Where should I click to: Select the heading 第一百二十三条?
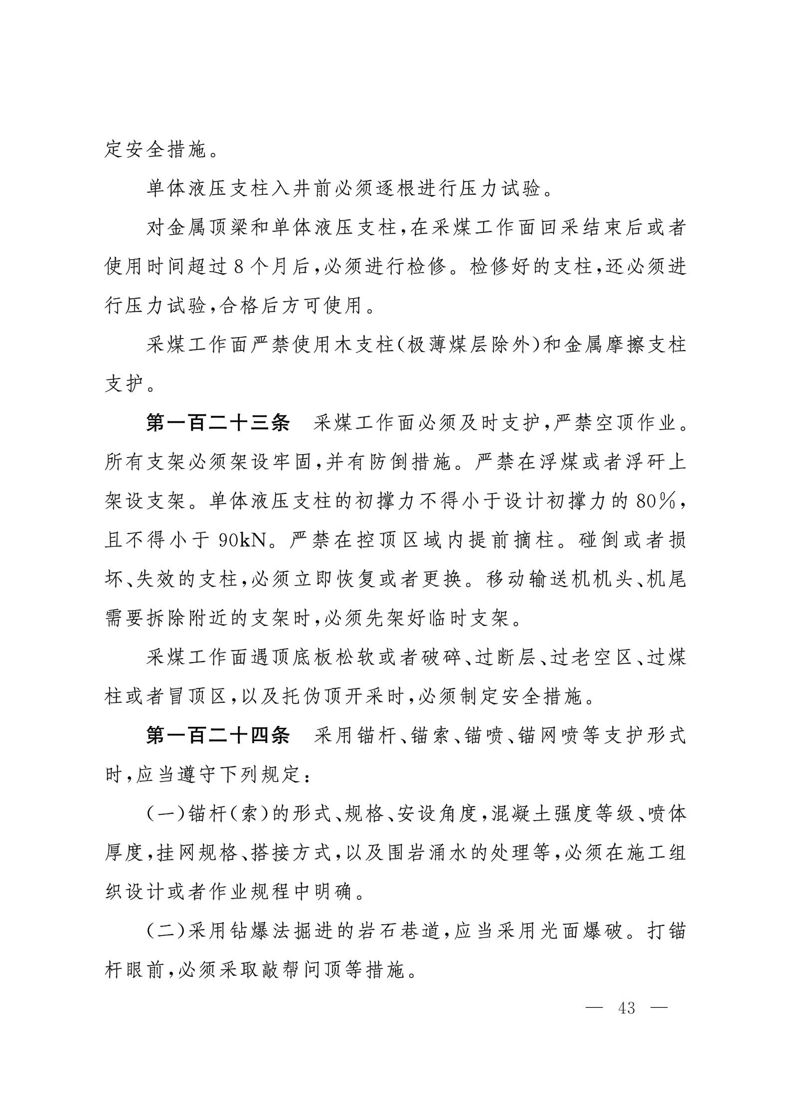click(217, 423)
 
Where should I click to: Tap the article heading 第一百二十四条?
click(217, 735)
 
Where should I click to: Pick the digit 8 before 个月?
click(238, 267)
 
